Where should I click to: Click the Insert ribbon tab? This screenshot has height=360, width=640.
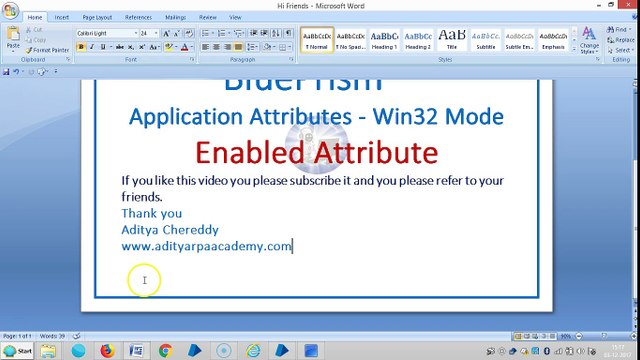pyautogui.click(x=62, y=17)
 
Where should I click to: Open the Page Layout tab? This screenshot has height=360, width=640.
pyautogui.click(x=97, y=17)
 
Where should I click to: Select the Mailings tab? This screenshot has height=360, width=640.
pyautogui.click(x=175, y=17)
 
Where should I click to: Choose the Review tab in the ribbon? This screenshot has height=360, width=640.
pyautogui.click(x=208, y=17)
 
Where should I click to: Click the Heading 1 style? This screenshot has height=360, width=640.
pyautogui.click(x=384, y=40)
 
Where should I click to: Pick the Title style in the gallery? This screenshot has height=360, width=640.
pyautogui.click(x=452, y=40)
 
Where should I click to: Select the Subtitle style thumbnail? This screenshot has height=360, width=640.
pyautogui.click(x=486, y=40)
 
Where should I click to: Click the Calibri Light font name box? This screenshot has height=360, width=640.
pyautogui.click(x=105, y=33)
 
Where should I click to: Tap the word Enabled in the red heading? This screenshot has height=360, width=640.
pyautogui.click(x=248, y=153)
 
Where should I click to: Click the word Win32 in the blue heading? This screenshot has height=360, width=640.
pyautogui.click(x=406, y=116)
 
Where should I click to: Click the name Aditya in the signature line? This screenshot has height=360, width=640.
pyautogui.click(x=140, y=229)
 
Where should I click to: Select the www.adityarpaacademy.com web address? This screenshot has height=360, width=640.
pyautogui.click(x=206, y=246)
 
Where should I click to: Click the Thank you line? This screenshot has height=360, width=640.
pyautogui.click(x=152, y=213)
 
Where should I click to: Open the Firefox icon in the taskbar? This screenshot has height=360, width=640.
pyautogui.click(x=106, y=351)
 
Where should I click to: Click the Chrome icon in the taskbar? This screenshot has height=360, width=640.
pyautogui.click(x=166, y=351)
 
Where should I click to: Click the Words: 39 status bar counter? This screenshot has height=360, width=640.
pyautogui.click(x=48, y=336)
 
